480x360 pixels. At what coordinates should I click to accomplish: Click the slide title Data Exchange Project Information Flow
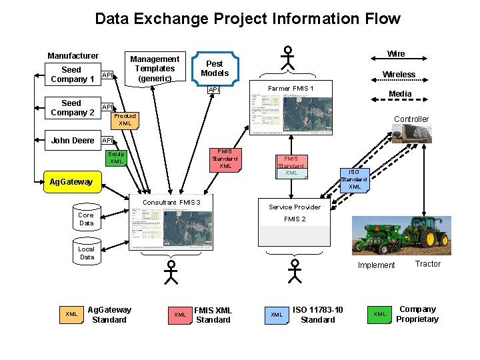pyautogui.click(x=247, y=19)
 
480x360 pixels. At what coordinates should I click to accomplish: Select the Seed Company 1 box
pyautogui.click(x=71, y=74)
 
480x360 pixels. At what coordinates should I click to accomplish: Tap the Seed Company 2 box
pyautogui.click(x=71, y=108)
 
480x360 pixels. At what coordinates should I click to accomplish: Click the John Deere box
pyautogui.click(x=73, y=140)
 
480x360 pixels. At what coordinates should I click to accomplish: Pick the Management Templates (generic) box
pyautogui.click(x=155, y=69)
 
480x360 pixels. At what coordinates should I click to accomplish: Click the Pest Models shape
pyautogui.click(x=215, y=69)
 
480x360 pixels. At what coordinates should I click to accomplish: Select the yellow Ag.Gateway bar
pyautogui.click(x=71, y=181)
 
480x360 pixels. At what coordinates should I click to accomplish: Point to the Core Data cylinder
pyautogui.click(x=86, y=219)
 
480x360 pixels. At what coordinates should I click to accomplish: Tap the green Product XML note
pyautogui.click(x=125, y=119)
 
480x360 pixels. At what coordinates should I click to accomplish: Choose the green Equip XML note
pyautogui.click(x=116, y=157)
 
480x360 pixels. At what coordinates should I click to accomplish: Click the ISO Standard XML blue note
pyautogui.click(x=354, y=179)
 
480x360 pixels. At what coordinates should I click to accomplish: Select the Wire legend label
pyautogui.click(x=396, y=53)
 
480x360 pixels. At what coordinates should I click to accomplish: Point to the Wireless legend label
pyautogui.click(x=399, y=74)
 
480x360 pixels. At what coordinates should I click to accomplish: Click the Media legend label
pyautogui.click(x=400, y=94)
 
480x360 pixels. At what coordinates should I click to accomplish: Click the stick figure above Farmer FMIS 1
pyautogui.click(x=287, y=58)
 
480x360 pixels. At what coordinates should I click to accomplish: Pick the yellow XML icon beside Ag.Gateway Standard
pyautogui.click(x=71, y=314)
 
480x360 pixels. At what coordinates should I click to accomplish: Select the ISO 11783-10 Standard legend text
pyautogui.click(x=318, y=314)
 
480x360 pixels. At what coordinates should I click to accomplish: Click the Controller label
pyautogui.click(x=411, y=119)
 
